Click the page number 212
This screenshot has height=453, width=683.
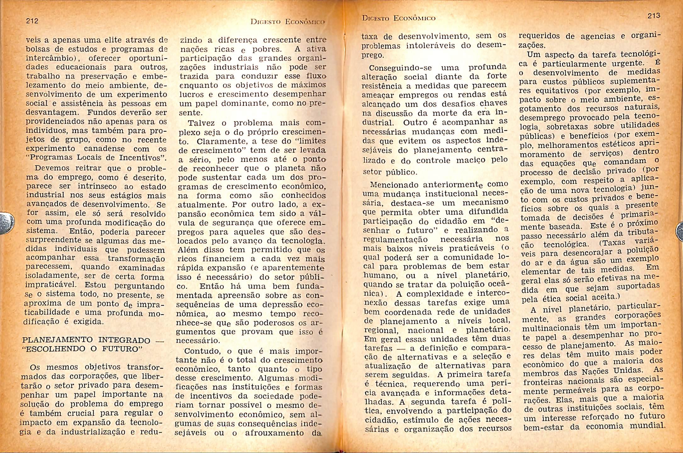32,21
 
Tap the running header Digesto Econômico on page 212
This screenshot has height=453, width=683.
287,22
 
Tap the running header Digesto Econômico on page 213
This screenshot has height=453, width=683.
399,18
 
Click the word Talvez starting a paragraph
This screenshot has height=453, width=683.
202,123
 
